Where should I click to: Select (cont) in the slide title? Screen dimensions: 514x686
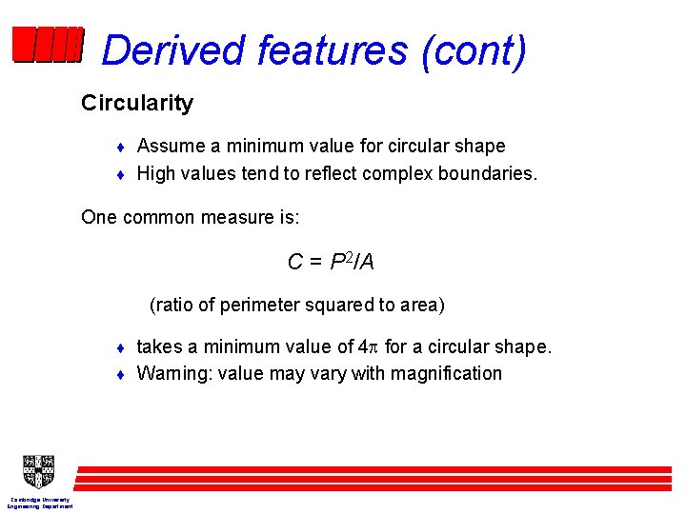[x=473, y=50]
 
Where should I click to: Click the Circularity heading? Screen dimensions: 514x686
[x=137, y=103]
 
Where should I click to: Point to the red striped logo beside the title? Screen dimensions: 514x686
[x=48, y=45]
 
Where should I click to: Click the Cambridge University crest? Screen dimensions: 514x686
[x=38, y=471]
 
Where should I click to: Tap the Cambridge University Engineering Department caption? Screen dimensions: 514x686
[x=40, y=503]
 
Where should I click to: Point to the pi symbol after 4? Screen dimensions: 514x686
[x=373, y=347]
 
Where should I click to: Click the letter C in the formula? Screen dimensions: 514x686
[x=295, y=262]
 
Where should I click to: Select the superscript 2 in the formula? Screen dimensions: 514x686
[x=348, y=257]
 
